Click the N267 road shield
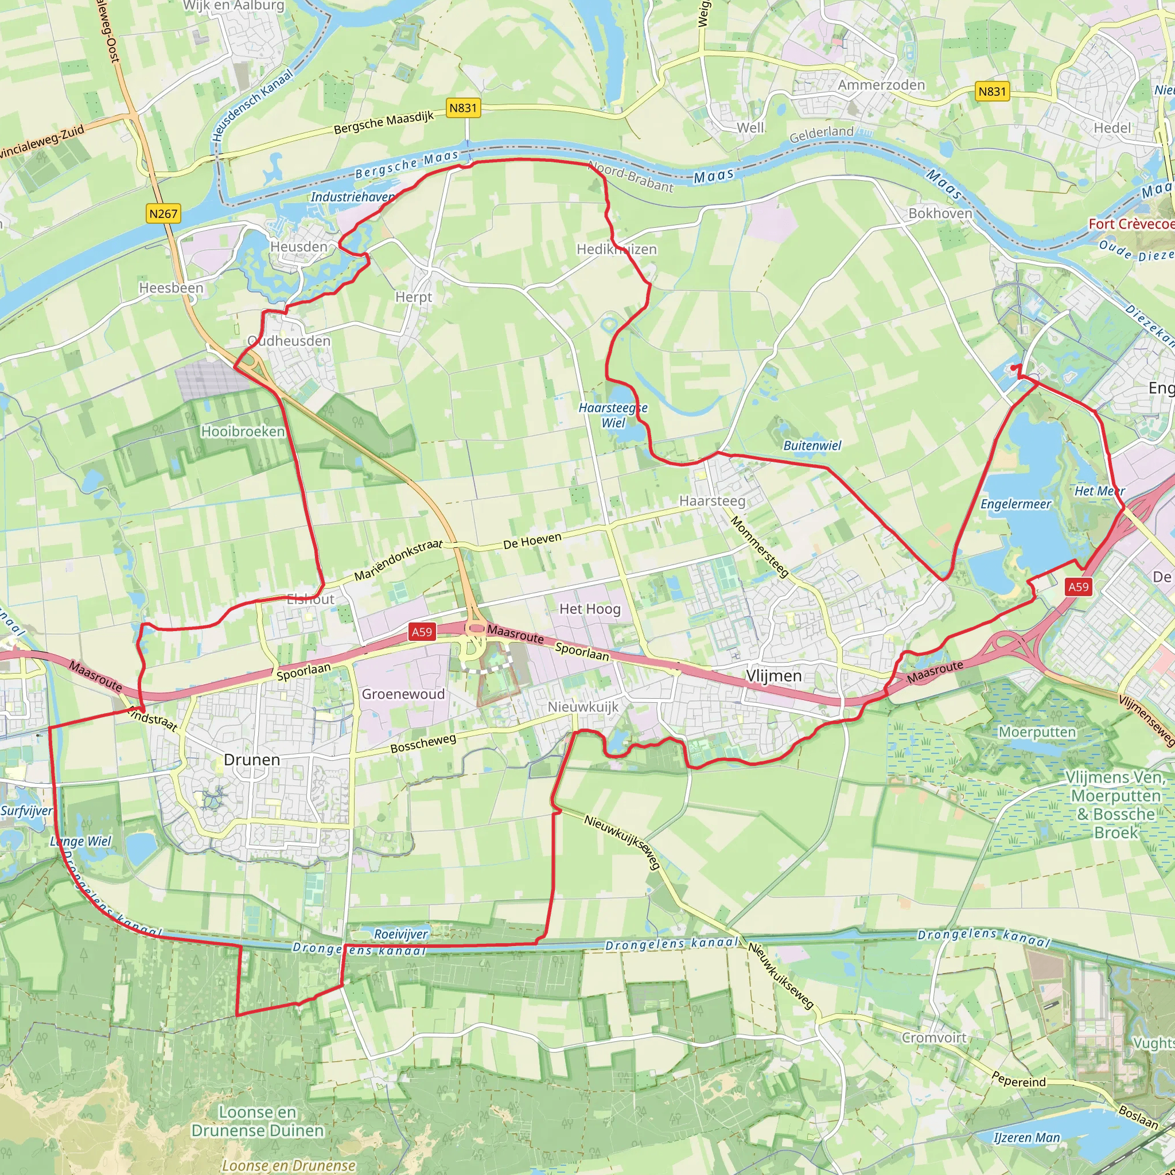163,213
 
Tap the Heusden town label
298,246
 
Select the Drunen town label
252,760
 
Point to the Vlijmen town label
773,676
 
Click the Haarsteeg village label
712,500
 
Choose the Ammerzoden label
881,84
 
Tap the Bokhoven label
940,213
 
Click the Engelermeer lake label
1016,504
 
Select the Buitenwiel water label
812,445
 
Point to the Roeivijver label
401,933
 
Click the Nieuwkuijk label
583,707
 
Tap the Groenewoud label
403,694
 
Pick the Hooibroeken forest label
243,431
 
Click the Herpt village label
414,297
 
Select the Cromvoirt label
933,1037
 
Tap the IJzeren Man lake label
1026,1137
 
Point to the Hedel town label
1112,128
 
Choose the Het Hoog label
590,609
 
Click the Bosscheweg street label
423,743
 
